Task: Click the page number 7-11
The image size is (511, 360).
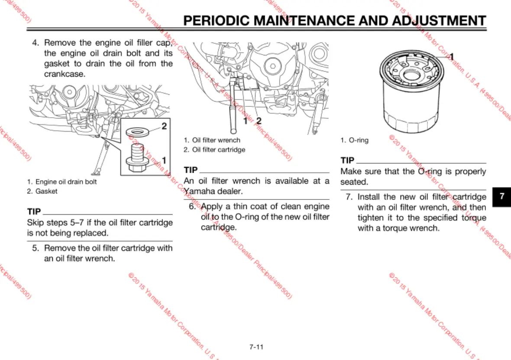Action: pos(256,347)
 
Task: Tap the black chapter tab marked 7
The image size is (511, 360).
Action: pos(502,196)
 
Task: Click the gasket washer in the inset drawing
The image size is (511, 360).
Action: pos(139,132)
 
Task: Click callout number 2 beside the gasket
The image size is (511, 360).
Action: pos(164,127)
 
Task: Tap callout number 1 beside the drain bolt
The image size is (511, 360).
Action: pos(164,160)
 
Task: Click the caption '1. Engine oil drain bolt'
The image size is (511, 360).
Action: pos(62,182)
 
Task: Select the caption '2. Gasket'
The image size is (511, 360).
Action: pos(42,191)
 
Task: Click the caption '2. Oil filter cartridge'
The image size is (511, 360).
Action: pos(214,150)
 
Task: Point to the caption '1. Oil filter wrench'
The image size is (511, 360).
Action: pos(212,140)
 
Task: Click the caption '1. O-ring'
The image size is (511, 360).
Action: pos(354,140)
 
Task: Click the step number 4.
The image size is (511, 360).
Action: pos(36,43)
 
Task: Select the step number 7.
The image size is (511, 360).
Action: pos(349,197)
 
